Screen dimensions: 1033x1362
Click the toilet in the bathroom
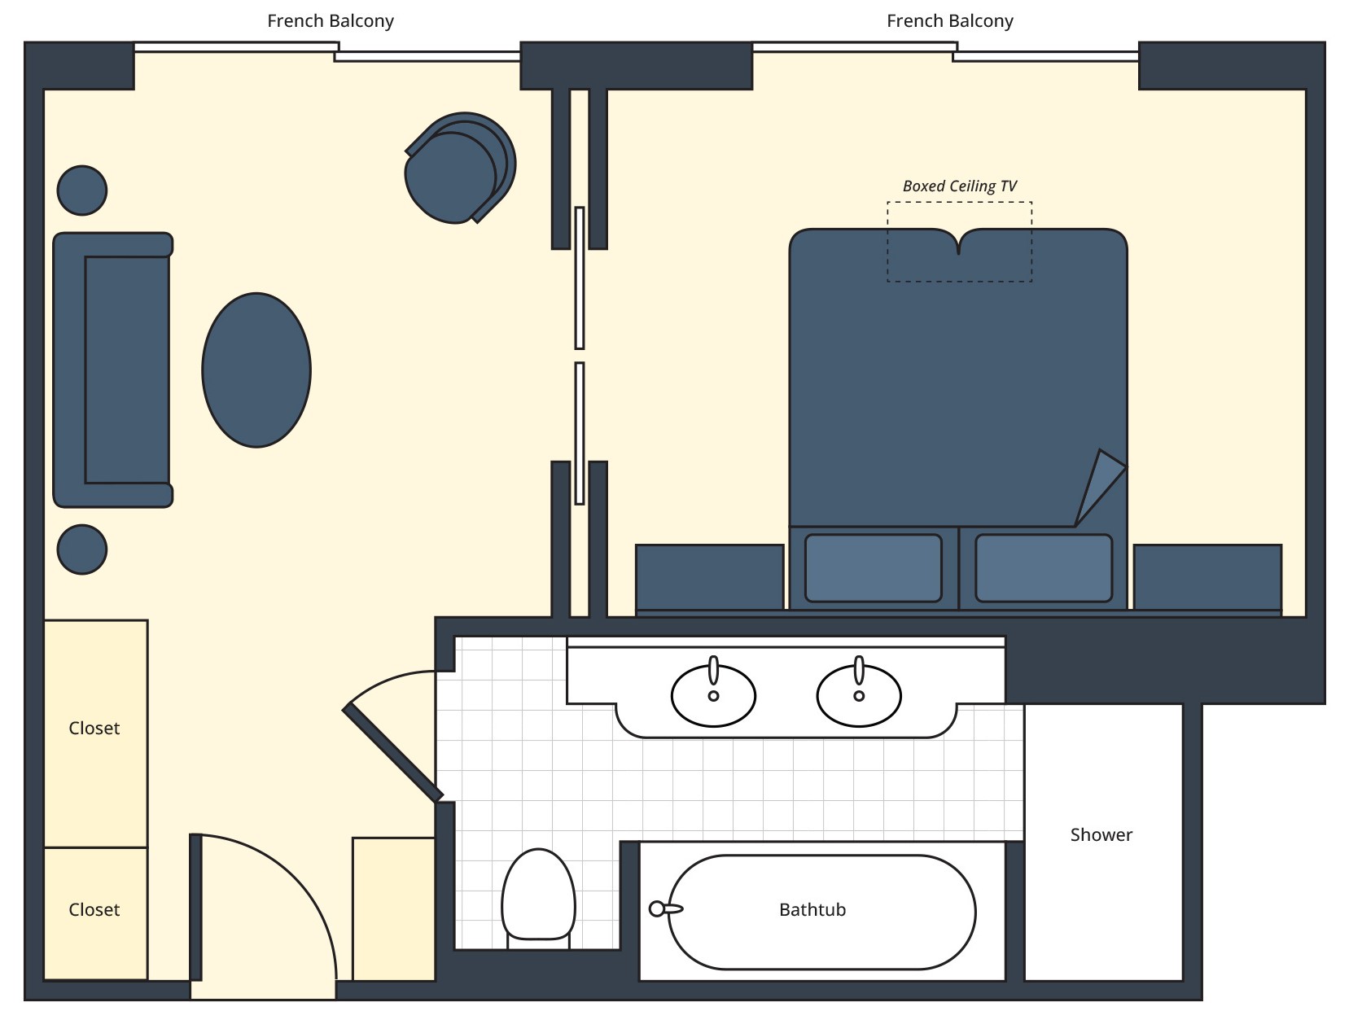click(x=538, y=895)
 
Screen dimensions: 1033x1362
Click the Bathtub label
click(x=812, y=910)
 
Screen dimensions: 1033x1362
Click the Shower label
click(x=1101, y=835)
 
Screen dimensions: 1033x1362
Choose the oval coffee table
click(x=256, y=370)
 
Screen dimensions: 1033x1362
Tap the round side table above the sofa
click(x=82, y=190)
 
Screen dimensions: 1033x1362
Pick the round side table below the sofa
click(x=82, y=549)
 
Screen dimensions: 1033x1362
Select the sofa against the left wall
click(x=112, y=370)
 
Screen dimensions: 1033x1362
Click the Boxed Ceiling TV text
click(x=959, y=186)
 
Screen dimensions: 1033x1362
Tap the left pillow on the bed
click(x=873, y=568)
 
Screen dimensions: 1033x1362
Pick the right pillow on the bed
click(x=1043, y=568)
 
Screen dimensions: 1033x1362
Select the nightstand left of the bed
click(x=709, y=577)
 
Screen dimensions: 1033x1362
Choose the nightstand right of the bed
click(x=1207, y=577)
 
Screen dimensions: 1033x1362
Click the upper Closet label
click(x=94, y=729)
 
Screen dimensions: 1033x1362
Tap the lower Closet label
click(x=94, y=910)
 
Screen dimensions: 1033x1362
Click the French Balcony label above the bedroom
click(x=949, y=21)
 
